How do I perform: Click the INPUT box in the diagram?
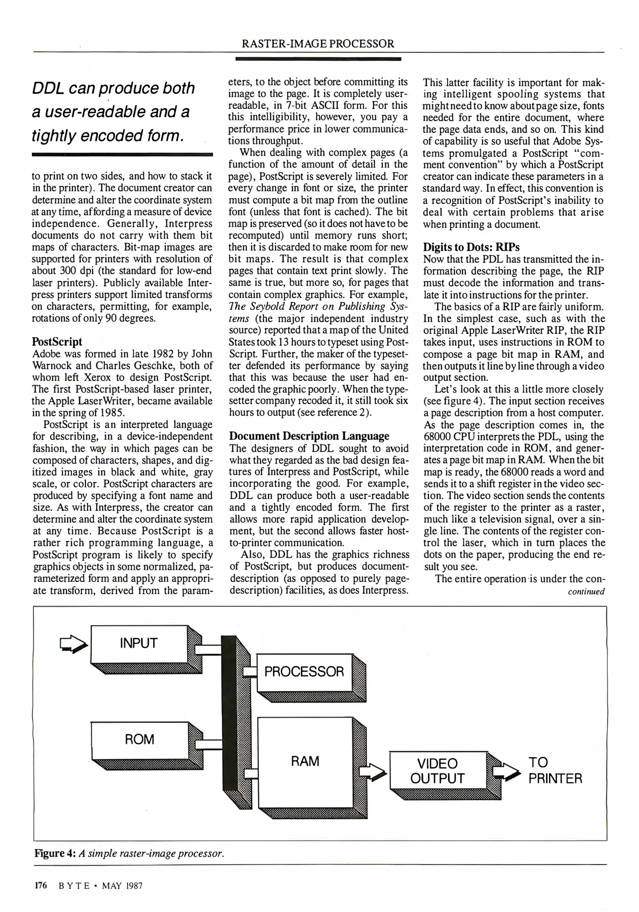click(x=139, y=643)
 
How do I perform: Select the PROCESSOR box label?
click(x=304, y=672)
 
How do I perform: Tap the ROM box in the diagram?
click(x=140, y=739)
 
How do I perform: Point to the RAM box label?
click(x=305, y=761)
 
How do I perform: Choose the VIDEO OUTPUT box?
click(x=437, y=770)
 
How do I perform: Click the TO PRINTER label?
click(x=555, y=770)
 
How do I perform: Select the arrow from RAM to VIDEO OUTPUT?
click(x=372, y=771)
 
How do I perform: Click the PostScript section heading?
click(x=57, y=342)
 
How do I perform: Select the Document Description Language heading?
click(x=309, y=436)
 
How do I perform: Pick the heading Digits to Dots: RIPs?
click(x=471, y=247)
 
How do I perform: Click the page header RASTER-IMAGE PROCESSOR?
click(x=318, y=43)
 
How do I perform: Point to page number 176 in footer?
click(x=41, y=885)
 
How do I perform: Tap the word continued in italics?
click(x=586, y=592)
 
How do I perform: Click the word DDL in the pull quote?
click(x=48, y=88)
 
